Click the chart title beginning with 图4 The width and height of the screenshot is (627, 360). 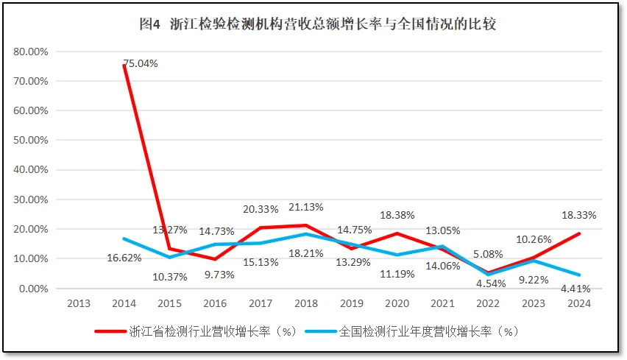(x=317, y=24)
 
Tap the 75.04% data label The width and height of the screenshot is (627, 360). (x=141, y=63)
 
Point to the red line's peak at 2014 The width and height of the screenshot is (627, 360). (x=124, y=66)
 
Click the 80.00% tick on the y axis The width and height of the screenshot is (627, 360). (x=31, y=52)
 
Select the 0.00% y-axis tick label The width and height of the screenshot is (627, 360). (x=33, y=289)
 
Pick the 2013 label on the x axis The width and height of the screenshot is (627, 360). (x=79, y=303)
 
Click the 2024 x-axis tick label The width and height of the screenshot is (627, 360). (x=579, y=303)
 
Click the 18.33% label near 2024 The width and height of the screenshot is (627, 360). (x=578, y=215)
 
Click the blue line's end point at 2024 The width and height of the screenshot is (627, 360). (x=579, y=275)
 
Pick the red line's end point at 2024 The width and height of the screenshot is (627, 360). (x=579, y=234)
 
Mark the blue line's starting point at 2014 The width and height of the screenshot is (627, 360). (x=124, y=239)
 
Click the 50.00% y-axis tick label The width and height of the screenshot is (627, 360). (x=31, y=140)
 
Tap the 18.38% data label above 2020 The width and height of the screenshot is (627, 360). (x=397, y=215)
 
